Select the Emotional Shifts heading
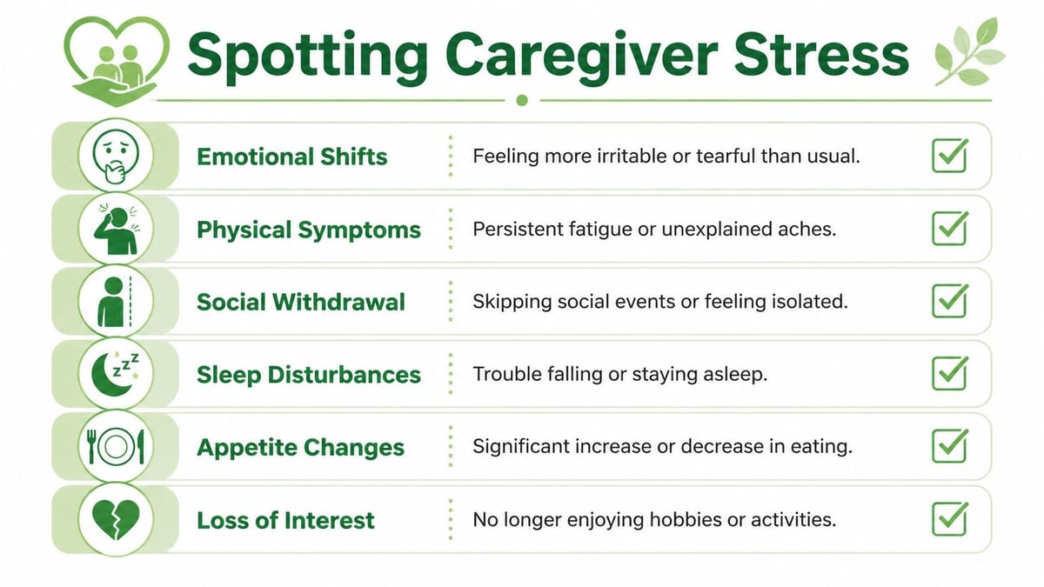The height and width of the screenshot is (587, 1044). coord(291,157)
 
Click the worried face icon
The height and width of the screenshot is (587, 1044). coord(116,157)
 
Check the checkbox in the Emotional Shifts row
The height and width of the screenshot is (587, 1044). coord(949,156)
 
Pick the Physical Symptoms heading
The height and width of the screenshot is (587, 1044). coord(309,230)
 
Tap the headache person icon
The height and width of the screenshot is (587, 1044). coord(116,230)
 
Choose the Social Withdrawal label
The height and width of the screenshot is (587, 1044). coord(301,302)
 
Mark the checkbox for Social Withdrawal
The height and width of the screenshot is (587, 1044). coord(949,301)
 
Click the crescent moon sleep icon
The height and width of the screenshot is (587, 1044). coord(116,374)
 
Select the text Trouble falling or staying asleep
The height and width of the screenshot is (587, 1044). coord(619,375)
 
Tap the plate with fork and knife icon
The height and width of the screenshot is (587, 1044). coord(116,447)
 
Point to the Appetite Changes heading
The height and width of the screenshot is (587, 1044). coord(300,448)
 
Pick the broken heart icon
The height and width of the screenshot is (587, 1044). coord(116,520)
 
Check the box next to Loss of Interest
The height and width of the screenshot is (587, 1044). coord(949,519)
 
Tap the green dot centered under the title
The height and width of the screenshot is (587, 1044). coord(522,100)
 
